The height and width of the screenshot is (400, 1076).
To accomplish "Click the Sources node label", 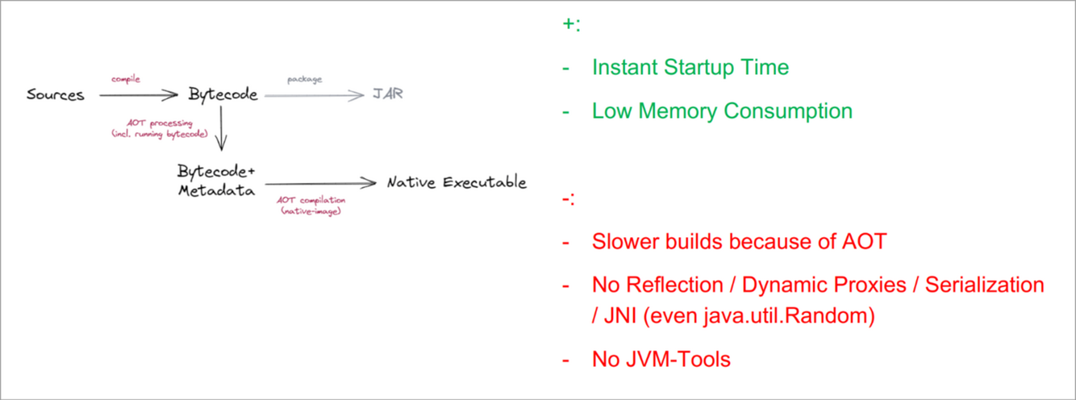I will [55, 95].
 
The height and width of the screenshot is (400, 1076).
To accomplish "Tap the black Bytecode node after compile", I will [223, 95].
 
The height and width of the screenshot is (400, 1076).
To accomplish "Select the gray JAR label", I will [387, 94].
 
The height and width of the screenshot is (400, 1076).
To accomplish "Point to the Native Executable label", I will [457, 182].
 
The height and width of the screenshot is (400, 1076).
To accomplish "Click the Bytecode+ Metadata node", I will [216, 181].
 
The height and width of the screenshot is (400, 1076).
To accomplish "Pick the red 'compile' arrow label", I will [126, 79].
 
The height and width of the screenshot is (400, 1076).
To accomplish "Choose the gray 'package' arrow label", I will [304, 80].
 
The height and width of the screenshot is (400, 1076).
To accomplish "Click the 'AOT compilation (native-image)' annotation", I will [311, 205].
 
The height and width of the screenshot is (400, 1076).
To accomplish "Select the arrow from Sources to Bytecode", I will [137, 96].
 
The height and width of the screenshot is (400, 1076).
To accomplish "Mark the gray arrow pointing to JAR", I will [315, 96].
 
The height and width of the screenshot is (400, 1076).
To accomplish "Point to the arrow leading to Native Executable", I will [320, 183].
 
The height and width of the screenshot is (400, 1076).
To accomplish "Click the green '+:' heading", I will [571, 24].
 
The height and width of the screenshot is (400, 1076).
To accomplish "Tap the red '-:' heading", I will [569, 198].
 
